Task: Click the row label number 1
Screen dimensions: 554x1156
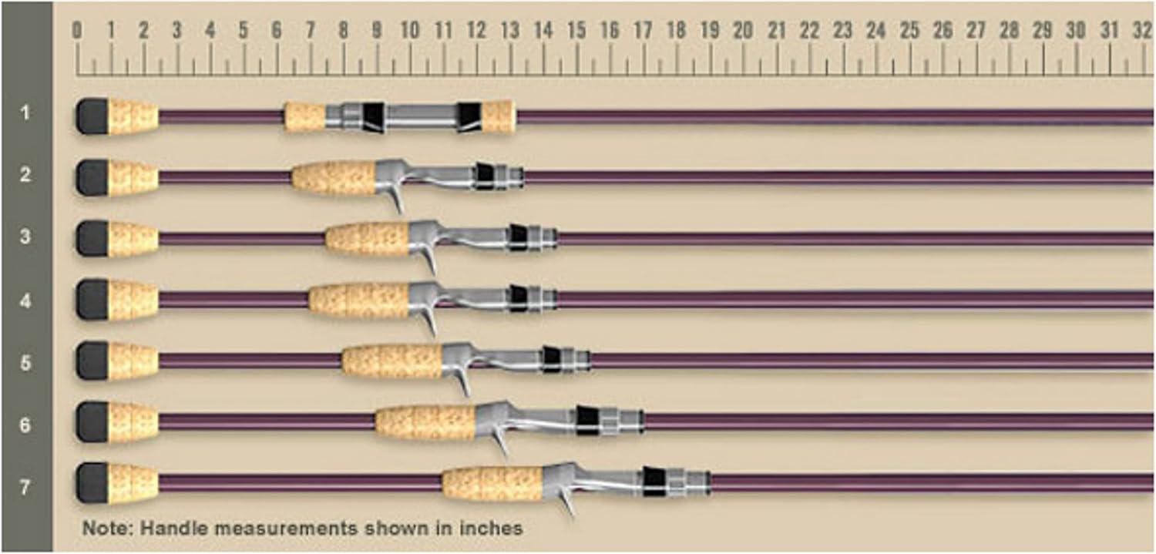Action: point(25,114)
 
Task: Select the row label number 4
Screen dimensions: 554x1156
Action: point(25,300)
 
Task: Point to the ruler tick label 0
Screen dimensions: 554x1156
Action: point(77,31)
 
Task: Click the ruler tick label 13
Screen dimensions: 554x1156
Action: point(509,31)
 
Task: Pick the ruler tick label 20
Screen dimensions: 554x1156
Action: point(743,31)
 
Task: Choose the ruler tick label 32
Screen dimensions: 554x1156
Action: point(1142,31)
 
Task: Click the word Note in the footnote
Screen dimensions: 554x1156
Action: point(100,529)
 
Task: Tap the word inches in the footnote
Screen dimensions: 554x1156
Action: point(496,529)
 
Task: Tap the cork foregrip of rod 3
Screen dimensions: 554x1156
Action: point(367,238)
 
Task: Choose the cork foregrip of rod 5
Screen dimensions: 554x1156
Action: point(392,361)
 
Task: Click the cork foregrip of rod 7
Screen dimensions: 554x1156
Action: point(492,483)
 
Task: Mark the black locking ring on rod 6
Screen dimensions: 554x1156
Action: point(587,419)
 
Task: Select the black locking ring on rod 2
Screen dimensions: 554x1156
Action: point(485,176)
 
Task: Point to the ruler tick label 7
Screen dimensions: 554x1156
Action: point(311,31)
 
